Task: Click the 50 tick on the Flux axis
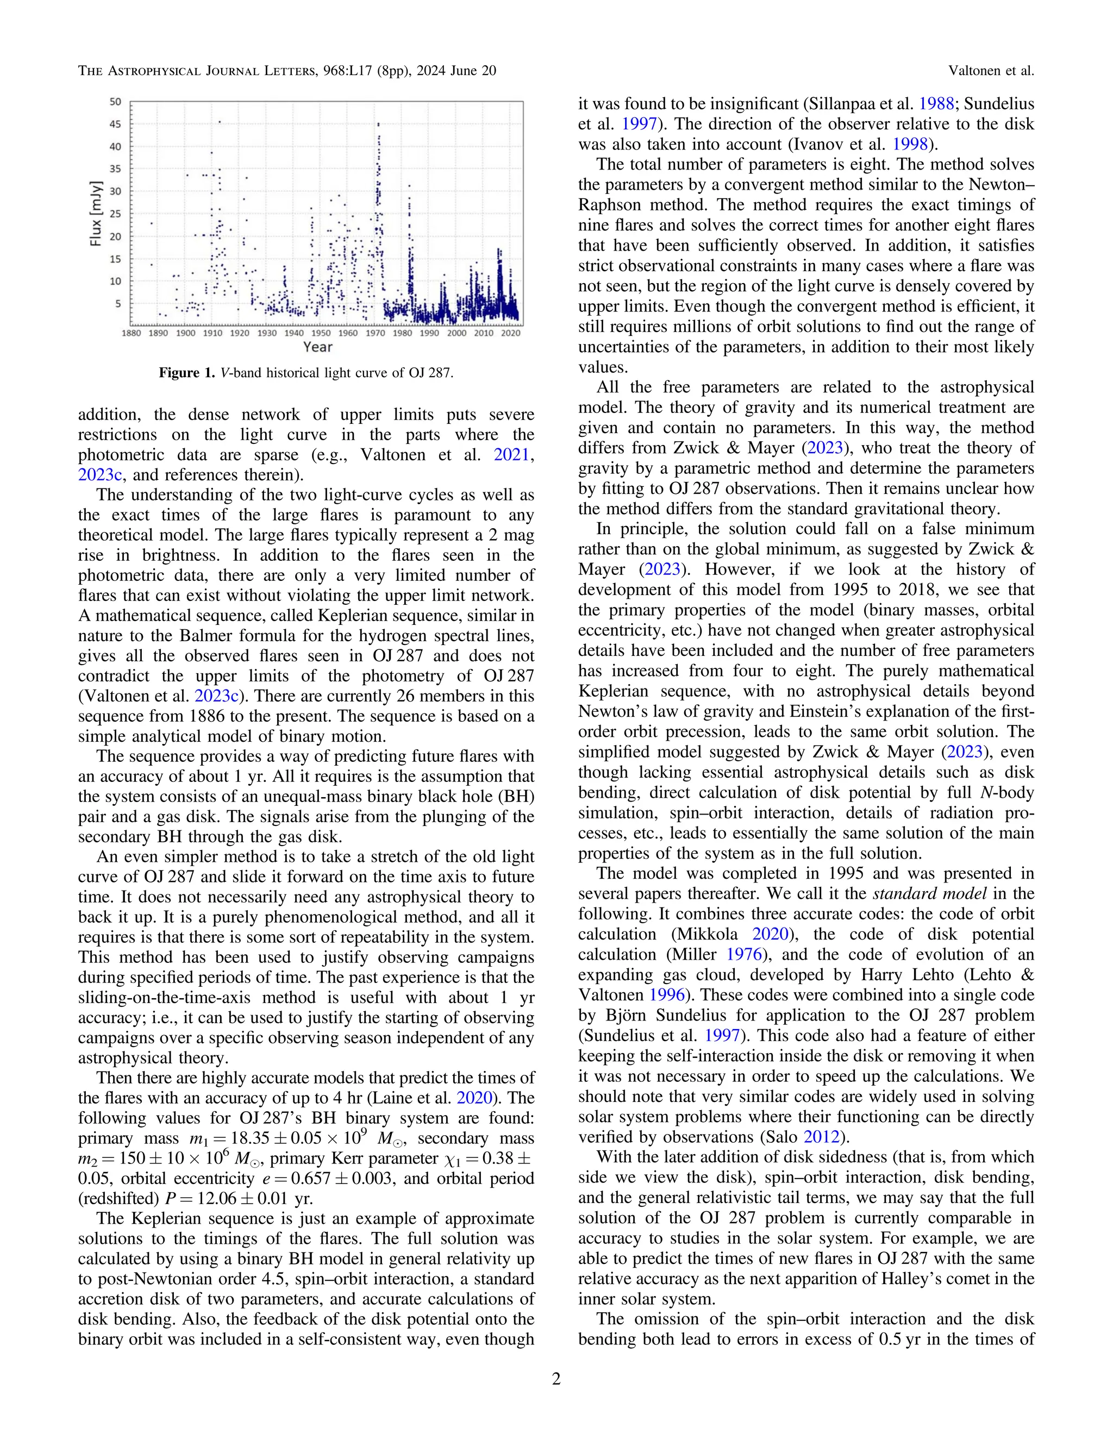[115, 102]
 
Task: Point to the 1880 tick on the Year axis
[130, 333]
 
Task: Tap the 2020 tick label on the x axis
[510, 333]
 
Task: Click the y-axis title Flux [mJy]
[96, 213]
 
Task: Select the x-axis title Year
[318, 347]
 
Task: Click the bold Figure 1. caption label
[187, 373]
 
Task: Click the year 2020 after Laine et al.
[475, 1098]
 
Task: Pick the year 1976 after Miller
[744, 954]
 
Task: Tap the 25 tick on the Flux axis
[115, 214]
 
